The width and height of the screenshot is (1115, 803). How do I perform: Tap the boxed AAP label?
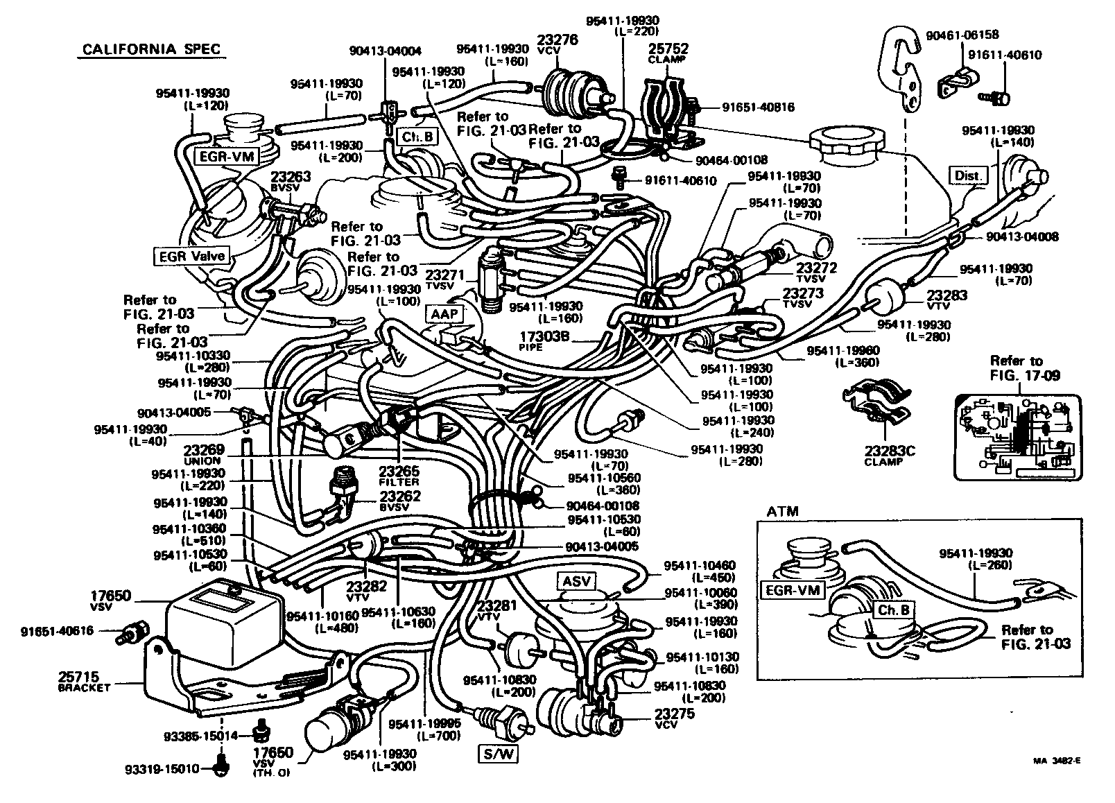[x=444, y=314]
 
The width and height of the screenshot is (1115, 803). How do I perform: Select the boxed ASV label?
[x=576, y=581]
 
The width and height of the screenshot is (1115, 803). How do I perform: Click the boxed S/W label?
[x=497, y=754]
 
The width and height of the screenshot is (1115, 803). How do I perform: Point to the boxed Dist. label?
[x=968, y=176]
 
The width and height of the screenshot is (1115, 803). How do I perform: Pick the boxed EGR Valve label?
[x=191, y=256]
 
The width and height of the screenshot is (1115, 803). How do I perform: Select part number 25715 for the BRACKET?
[x=79, y=676]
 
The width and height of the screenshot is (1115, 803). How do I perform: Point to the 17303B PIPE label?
[x=544, y=337]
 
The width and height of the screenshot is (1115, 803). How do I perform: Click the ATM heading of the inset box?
[x=782, y=512]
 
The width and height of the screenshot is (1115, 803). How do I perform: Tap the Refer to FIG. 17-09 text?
[x=1016, y=368]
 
